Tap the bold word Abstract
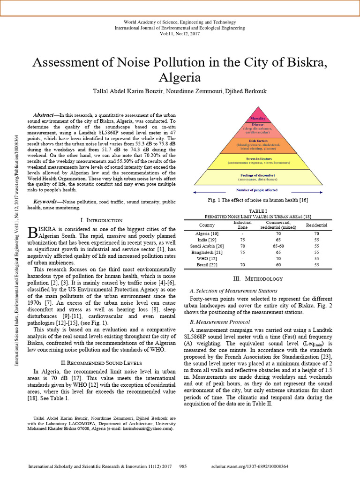coord(44,115)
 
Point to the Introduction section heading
coord(102,220)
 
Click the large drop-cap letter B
coord(33,232)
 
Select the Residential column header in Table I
coord(316,225)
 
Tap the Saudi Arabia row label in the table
coord(207,246)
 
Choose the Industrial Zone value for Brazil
coord(242,264)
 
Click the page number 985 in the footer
coord(183,467)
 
